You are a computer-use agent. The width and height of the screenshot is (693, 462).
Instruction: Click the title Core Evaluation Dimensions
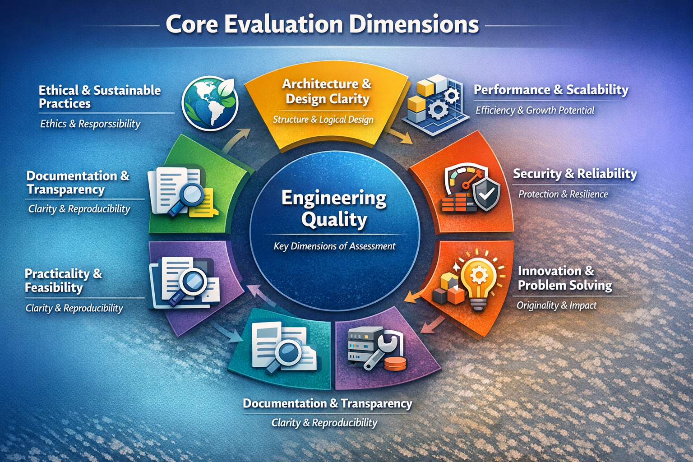click(322, 24)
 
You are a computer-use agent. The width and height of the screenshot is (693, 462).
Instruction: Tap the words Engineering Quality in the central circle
click(334, 208)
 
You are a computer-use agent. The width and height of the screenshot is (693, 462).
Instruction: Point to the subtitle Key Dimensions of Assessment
click(334, 246)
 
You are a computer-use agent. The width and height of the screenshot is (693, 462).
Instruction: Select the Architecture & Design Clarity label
click(327, 91)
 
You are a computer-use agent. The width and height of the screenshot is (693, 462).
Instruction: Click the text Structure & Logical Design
click(323, 120)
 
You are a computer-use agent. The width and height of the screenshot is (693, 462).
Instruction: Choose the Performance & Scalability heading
click(551, 90)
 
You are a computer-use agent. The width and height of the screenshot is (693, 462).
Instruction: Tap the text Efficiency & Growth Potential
click(535, 110)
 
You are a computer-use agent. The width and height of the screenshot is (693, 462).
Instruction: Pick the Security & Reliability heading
click(575, 174)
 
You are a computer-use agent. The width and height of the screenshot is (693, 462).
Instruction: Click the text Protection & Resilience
click(563, 194)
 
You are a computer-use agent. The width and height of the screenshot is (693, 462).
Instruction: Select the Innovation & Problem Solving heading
click(564, 278)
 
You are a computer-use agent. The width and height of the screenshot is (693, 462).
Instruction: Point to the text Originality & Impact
click(556, 305)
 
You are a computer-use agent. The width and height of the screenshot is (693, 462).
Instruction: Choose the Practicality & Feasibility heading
click(63, 280)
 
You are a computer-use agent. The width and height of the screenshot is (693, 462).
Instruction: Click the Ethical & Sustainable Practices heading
click(99, 97)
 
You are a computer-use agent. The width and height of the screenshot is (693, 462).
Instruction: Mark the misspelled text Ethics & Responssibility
click(90, 124)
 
